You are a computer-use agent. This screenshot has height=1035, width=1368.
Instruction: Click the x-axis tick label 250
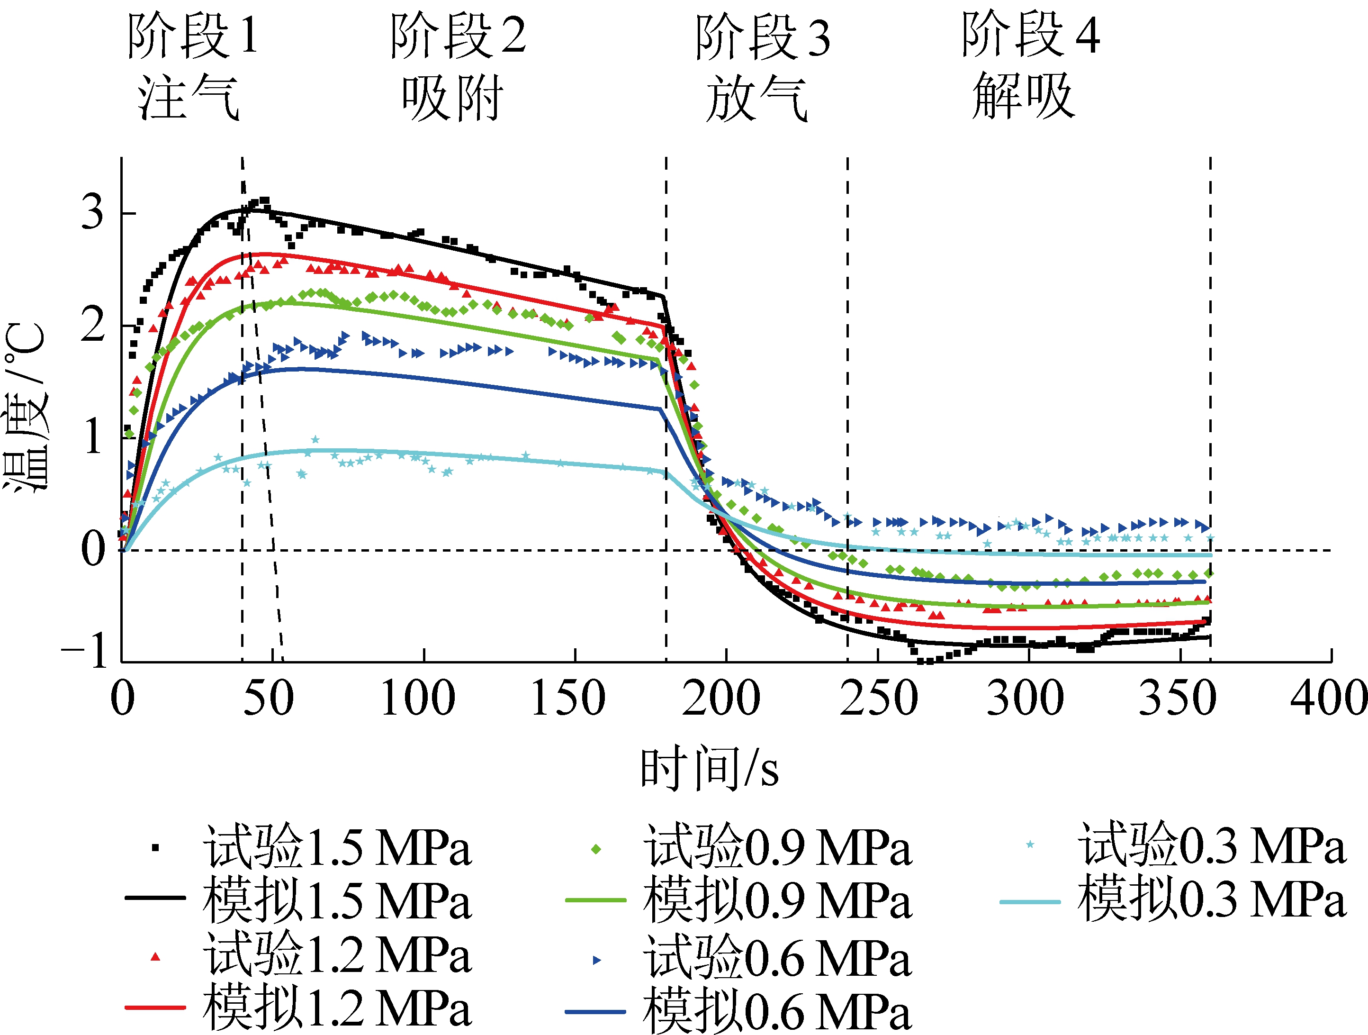coord(878,699)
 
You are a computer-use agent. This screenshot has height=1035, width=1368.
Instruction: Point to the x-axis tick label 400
coord(1328,699)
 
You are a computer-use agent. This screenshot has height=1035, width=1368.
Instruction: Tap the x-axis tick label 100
coord(418,699)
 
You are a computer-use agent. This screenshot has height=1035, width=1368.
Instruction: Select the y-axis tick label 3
coord(93,212)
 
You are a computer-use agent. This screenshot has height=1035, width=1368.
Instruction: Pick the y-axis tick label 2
coord(93,325)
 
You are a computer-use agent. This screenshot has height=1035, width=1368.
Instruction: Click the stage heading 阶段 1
coord(192,36)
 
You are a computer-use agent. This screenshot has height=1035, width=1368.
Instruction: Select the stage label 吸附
coord(452,98)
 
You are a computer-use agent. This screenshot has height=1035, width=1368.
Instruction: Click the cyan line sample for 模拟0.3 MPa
coord(1030,902)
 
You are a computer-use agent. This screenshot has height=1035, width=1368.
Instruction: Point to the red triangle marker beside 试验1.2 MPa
coord(156,957)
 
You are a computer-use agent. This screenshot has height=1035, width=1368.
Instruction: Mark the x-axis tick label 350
coord(1178,699)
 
